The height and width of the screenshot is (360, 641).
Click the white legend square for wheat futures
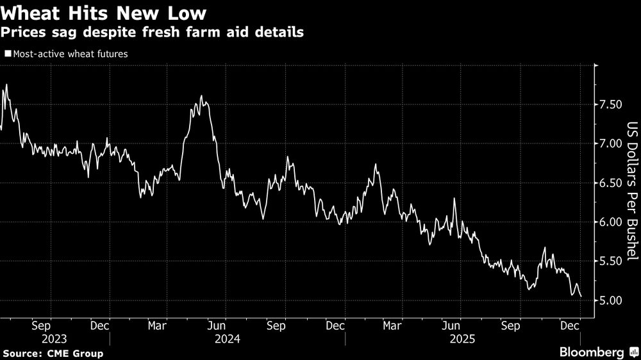(x=7, y=54)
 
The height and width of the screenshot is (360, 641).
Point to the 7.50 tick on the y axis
(x=611, y=104)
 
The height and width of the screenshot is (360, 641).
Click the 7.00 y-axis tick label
(x=611, y=143)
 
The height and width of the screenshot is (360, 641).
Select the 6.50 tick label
(x=611, y=183)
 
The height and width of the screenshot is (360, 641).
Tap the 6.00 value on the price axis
(x=611, y=222)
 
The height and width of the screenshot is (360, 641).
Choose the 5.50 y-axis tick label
(x=611, y=261)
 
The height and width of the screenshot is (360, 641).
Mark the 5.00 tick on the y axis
(x=611, y=300)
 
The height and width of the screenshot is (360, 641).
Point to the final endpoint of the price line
(x=581, y=296)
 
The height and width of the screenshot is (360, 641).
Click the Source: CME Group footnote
(x=53, y=353)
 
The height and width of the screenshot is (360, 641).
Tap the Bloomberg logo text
(x=592, y=352)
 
